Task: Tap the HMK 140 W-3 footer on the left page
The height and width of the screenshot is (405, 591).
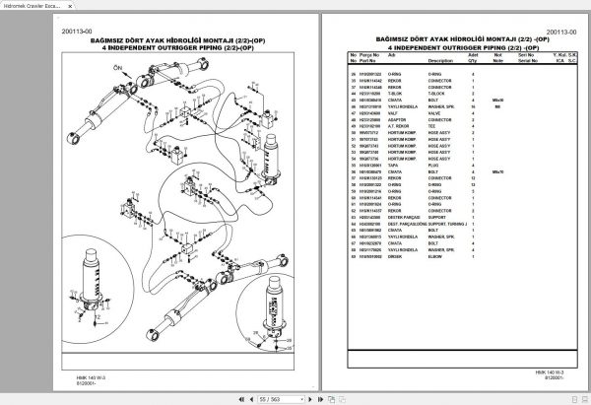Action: (x=75, y=373)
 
